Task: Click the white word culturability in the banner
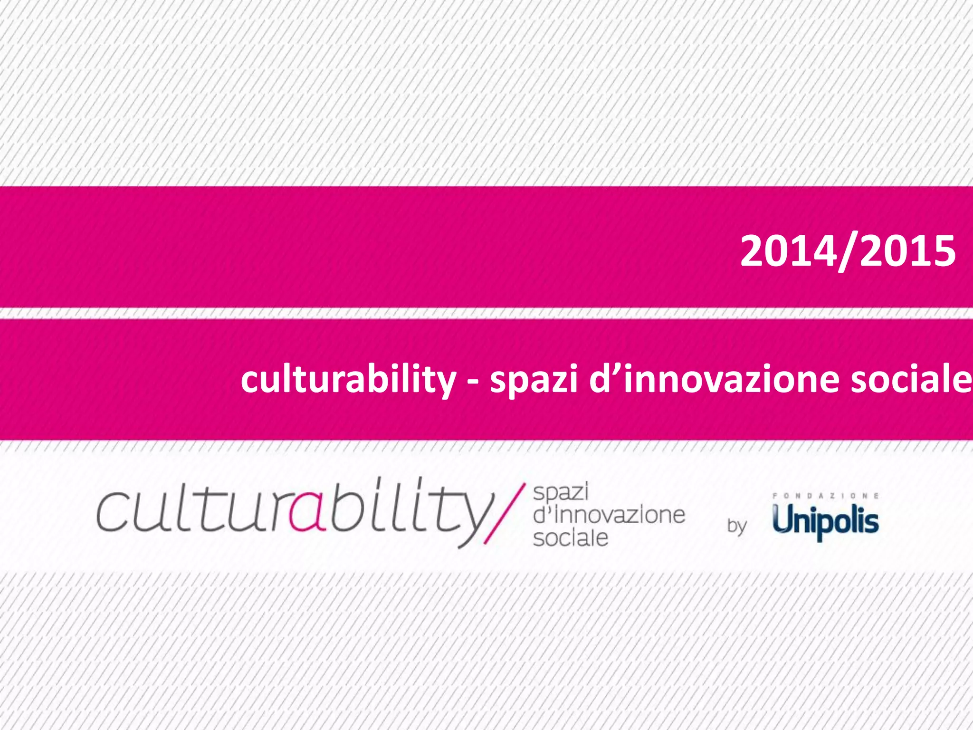pos(348,380)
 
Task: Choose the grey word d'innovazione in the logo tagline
pos(609,515)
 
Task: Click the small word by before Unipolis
pos(737,527)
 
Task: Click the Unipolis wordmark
pos(826,521)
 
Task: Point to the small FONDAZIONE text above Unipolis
pos(826,496)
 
